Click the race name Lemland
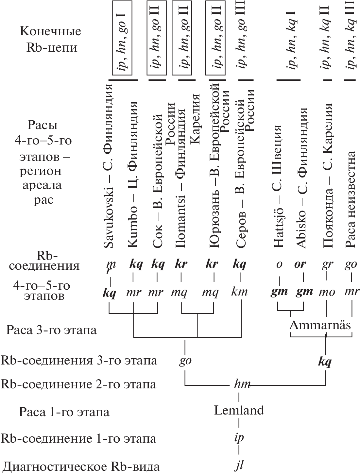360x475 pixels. click(239, 410)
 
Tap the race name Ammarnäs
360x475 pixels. click(320, 325)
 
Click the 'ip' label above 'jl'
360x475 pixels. click(239, 438)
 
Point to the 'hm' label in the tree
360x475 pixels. click(242, 384)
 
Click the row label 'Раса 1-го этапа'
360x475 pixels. click(64, 412)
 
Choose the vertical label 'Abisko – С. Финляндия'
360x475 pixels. click(301, 178)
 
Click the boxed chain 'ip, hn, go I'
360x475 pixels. click(124, 38)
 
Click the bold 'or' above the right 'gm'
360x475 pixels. click(300, 264)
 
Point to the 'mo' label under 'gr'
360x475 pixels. click(326, 292)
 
